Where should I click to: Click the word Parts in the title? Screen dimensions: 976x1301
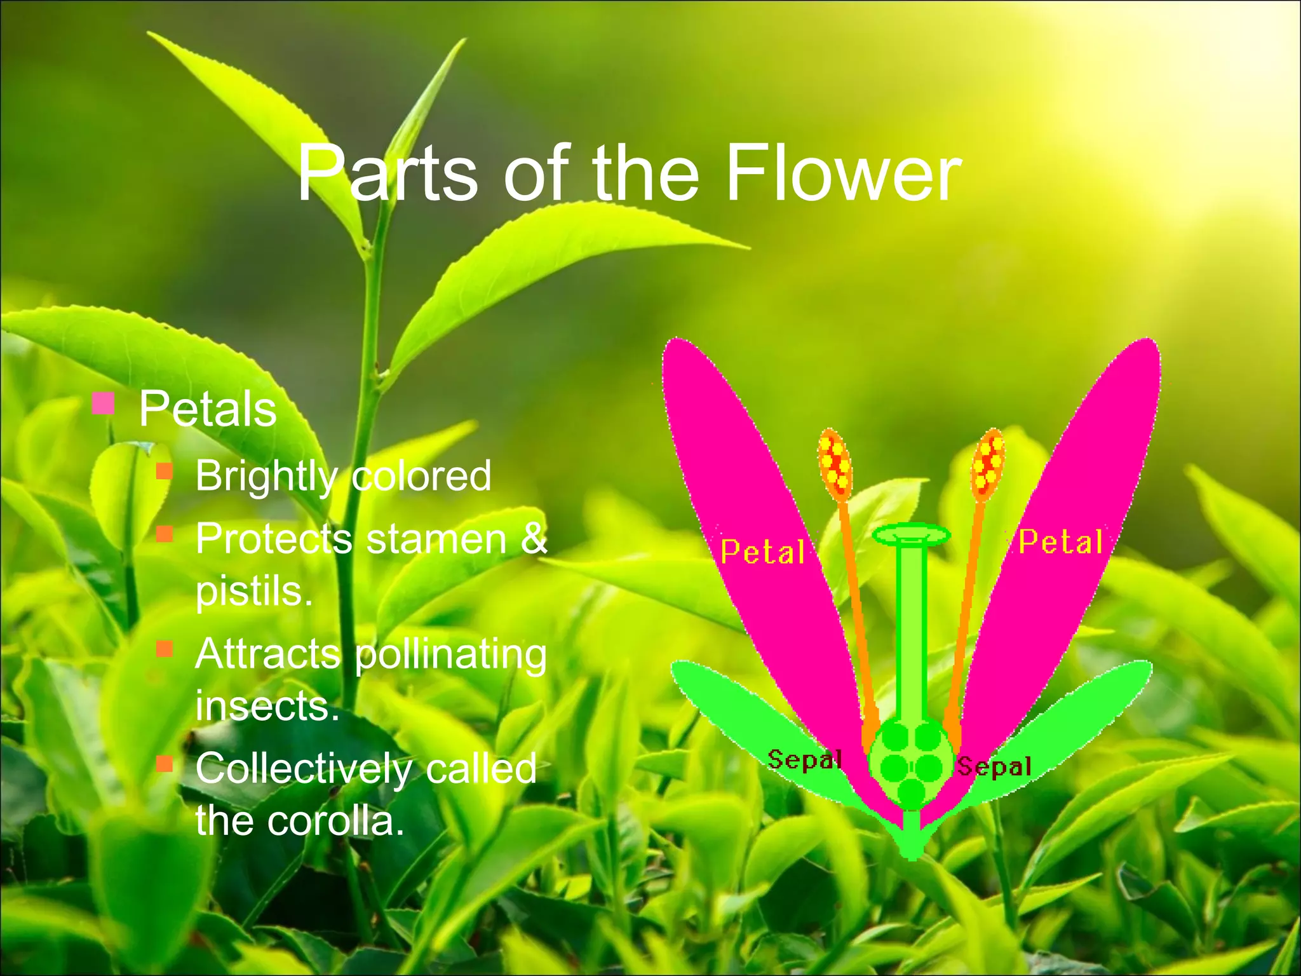pyautogui.click(x=388, y=173)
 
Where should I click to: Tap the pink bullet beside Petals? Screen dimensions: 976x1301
pyautogui.click(x=103, y=403)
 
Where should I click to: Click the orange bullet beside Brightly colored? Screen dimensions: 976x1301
pyautogui.click(x=165, y=471)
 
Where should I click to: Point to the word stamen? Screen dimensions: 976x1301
pyautogui.click(x=437, y=539)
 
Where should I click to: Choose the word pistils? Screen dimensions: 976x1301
pyautogui.click(x=254, y=592)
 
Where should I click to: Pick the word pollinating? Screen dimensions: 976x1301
pyautogui.click(x=450, y=654)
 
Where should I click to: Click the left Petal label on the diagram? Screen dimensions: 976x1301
pyautogui.click(x=762, y=552)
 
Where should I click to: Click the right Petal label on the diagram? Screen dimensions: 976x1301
pyautogui.click(x=1060, y=543)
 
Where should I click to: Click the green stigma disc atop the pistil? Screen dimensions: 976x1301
pyautogui.click(x=912, y=536)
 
